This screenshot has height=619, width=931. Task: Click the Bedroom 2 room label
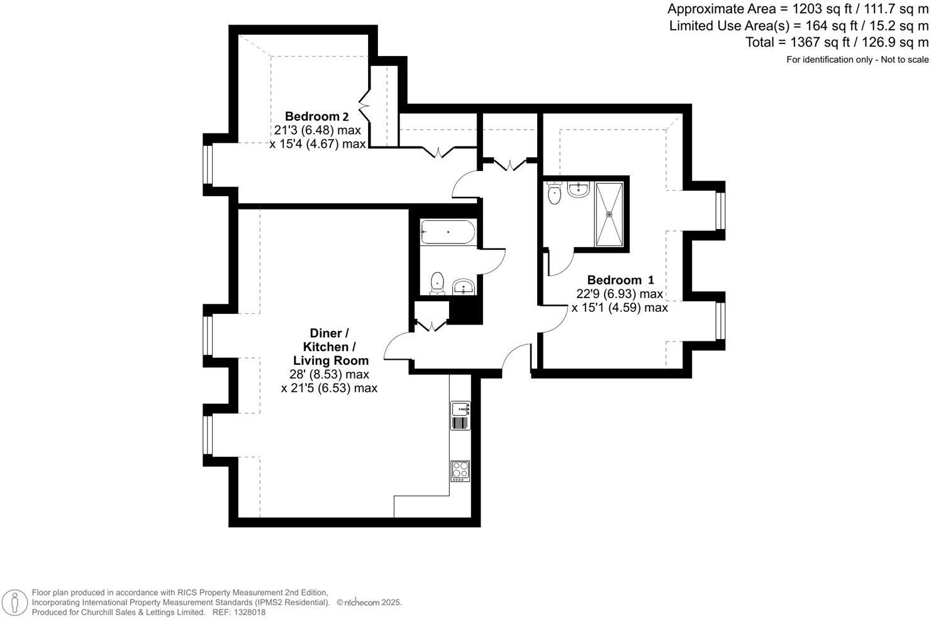point(316,116)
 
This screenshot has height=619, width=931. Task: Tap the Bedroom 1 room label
point(620,280)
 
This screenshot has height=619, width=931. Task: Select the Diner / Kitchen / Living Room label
point(330,347)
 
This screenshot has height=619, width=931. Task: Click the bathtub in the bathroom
point(447,231)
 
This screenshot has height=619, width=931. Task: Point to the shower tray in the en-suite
point(609,214)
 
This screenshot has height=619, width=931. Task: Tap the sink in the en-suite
point(578,189)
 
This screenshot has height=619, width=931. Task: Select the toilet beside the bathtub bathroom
point(436,282)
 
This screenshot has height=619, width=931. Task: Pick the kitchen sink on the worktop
point(460,415)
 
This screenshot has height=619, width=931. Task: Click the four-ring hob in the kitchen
point(460,471)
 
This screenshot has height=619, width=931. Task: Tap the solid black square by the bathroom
point(465,309)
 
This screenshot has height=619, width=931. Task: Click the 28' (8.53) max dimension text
point(329,374)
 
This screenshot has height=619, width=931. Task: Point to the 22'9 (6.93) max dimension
point(619,294)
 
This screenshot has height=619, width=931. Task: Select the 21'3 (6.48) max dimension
point(317,130)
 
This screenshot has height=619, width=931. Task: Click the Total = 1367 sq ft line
point(836,42)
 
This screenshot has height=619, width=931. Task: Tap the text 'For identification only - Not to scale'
point(857,60)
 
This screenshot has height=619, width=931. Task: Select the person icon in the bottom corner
point(14,603)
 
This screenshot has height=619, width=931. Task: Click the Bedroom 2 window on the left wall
point(207,165)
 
